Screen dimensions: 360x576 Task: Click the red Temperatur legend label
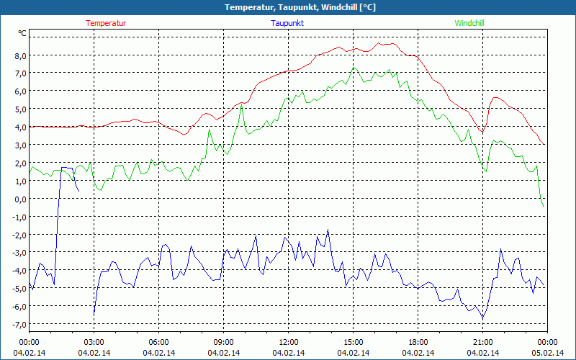point(106,23)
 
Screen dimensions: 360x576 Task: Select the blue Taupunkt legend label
point(287,23)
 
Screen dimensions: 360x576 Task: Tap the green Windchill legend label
point(469,23)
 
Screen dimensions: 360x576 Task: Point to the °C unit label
point(22,33)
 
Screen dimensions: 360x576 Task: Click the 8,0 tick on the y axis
point(19,55)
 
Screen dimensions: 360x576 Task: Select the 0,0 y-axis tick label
point(19,199)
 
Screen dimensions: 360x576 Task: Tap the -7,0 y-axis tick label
point(17,325)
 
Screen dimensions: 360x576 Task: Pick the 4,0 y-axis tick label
point(19,127)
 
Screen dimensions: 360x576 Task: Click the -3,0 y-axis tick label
point(17,253)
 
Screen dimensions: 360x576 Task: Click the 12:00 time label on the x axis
point(288,341)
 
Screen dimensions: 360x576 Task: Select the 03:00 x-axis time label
point(94,341)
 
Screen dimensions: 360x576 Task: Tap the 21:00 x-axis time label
point(482,341)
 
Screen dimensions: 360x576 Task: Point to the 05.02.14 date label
point(547,352)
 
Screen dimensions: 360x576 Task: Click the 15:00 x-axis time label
point(353,341)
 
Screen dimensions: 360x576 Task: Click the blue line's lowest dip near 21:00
point(482,318)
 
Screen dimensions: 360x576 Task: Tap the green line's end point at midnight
point(544,207)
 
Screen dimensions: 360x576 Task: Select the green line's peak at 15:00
point(354,68)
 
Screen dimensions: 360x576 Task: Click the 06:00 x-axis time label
point(158,341)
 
